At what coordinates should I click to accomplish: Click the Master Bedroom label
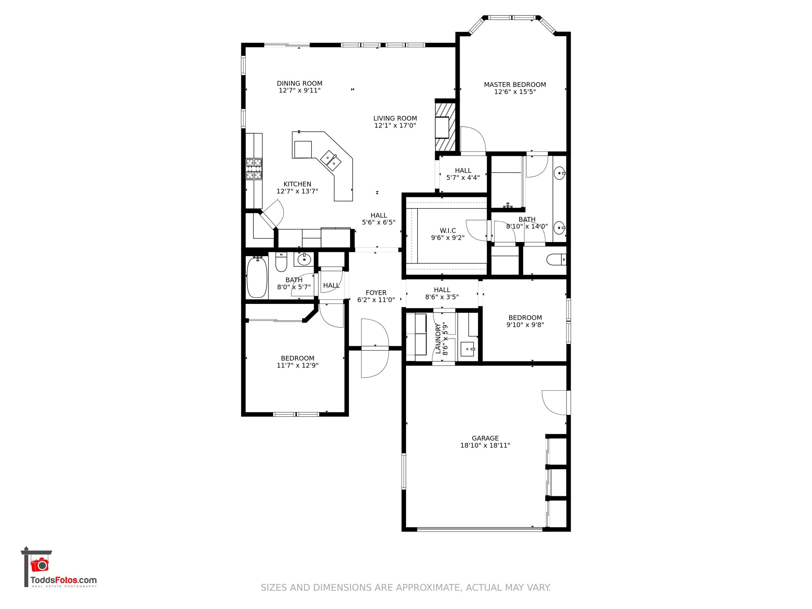point(515,85)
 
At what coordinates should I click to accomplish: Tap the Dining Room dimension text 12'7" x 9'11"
point(299,90)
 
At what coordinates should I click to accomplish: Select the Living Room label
point(395,118)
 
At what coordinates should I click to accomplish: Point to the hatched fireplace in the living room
point(445,127)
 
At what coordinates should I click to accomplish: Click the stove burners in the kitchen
point(254,168)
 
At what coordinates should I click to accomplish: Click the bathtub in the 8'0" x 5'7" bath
point(257,277)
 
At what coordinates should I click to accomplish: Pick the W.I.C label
point(448,231)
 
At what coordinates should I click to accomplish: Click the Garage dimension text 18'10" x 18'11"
point(485,445)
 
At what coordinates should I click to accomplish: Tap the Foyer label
point(376,292)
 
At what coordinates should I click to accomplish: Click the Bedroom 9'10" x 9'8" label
point(525,318)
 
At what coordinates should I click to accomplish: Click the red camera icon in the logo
point(39,564)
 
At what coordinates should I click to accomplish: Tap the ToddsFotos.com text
point(63,580)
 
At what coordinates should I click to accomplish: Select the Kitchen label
point(297,184)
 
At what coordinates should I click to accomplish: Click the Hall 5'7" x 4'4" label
point(463,170)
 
